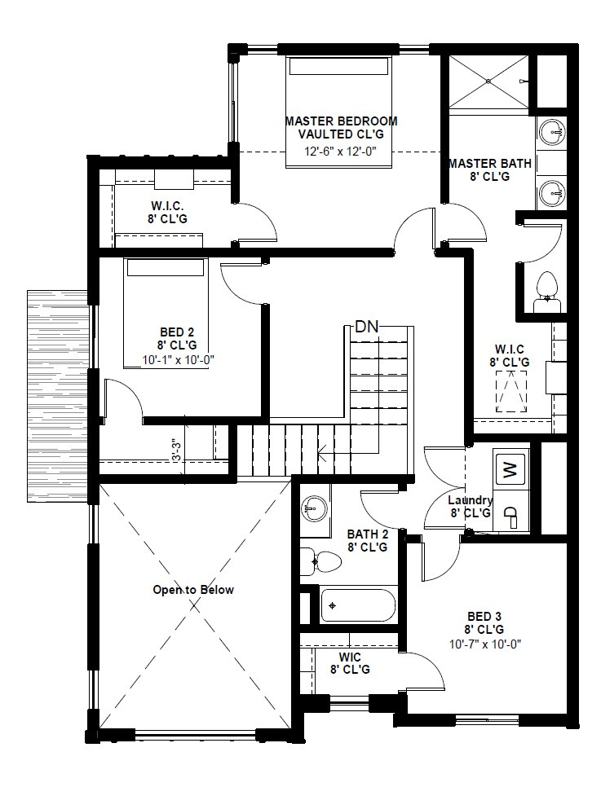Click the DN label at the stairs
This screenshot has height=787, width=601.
click(366, 328)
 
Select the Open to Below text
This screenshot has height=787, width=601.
click(193, 589)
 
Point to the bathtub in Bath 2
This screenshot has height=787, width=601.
click(357, 605)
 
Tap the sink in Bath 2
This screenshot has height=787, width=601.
click(312, 510)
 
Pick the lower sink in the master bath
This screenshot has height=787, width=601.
click(553, 192)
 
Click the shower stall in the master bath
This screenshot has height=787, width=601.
click(488, 81)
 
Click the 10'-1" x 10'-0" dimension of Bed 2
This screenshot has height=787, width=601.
click(178, 358)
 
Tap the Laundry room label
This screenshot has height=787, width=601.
click(471, 500)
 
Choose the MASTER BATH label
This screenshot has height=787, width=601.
click(489, 164)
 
